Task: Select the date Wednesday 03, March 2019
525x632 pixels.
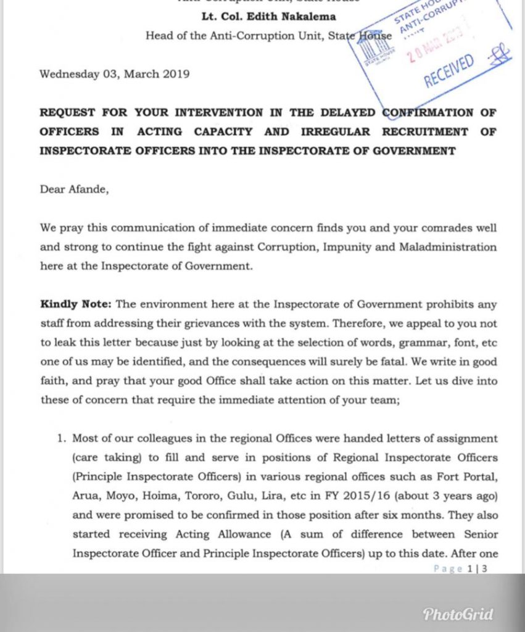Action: click(x=114, y=74)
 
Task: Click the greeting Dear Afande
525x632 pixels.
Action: click(x=75, y=189)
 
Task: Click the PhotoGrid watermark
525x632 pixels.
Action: click(x=458, y=613)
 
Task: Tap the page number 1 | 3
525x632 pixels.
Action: click(x=477, y=568)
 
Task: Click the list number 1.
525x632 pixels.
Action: click(x=60, y=439)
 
